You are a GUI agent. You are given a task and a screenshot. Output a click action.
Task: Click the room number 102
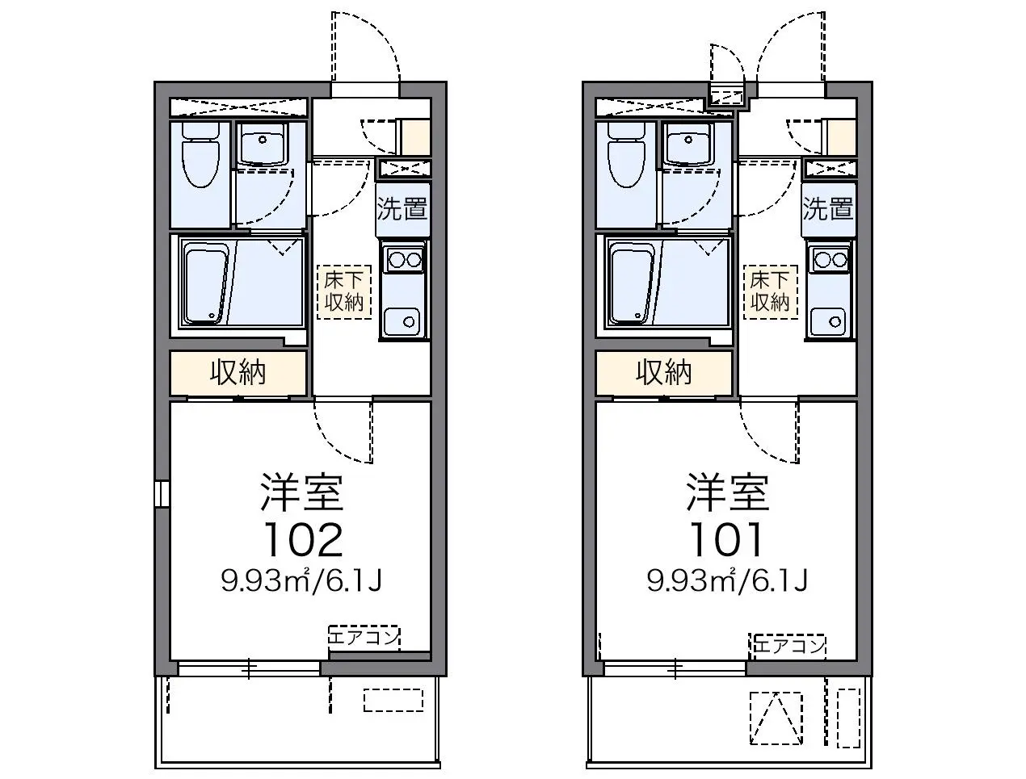(304, 539)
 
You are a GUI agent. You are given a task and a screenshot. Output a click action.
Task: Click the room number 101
(726, 539)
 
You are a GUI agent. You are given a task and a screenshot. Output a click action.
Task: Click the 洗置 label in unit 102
(402, 209)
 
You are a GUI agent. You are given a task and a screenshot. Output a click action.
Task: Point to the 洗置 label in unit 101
(828, 209)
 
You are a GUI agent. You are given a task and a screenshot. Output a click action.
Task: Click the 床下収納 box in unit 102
(344, 292)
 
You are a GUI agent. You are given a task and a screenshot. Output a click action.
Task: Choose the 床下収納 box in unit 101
(771, 292)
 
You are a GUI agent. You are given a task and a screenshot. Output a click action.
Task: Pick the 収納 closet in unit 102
(238, 373)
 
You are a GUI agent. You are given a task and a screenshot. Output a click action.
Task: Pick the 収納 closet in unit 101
(664, 373)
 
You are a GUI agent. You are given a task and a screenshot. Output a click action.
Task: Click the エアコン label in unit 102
(364, 638)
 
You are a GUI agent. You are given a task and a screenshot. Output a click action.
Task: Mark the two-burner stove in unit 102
(402, 260)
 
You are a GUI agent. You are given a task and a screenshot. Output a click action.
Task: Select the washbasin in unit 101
(688, 144)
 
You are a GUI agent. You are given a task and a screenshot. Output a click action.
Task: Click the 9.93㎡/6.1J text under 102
(302, 581)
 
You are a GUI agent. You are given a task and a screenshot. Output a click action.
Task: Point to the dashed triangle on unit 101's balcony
(776, 718)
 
